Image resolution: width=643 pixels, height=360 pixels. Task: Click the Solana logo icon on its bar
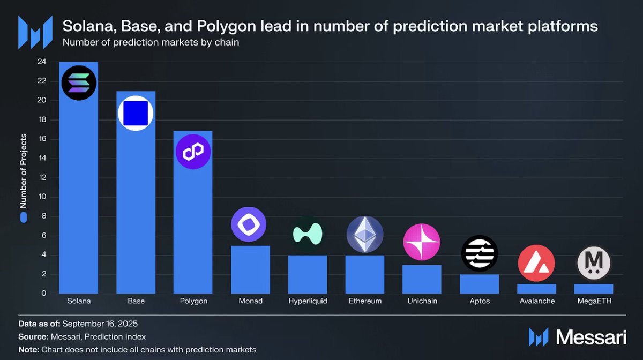click(79, 83)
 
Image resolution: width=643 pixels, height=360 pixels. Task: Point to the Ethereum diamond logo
click(365, 235)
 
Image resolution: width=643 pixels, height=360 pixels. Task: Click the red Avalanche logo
click(536, 263)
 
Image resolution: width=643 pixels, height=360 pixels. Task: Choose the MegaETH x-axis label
click(593, 301)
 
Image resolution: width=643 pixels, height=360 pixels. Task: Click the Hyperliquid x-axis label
click(308, 301)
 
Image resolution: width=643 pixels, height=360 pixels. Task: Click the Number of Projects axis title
click(23, 171)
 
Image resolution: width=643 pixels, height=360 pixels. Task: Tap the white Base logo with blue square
click(136, 113)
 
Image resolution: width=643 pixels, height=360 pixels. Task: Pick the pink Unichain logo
click(422, 242)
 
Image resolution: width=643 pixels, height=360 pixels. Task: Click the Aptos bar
click(479, 284)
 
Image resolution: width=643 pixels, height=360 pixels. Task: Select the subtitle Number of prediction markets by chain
click(151, 42)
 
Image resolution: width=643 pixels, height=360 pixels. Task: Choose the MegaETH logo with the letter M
click(594, 263)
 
